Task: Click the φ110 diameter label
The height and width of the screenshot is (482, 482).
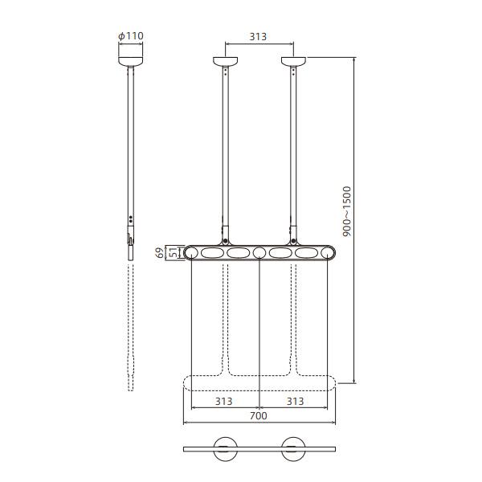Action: pyautogui.click(x=131, y=36)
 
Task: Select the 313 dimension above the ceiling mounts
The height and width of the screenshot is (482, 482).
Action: pyautogui.click(x=258, y=37)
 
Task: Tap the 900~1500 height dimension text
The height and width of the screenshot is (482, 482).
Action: pyautogui.click(x=346, y=211)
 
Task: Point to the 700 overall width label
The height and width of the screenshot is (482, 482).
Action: pyautogui.click(x=259, y=415)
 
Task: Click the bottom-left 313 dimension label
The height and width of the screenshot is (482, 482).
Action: pyautogui.click(x=224, y=401)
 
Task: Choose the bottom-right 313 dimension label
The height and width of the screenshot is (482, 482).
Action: pyautogui.click(x=296, y=401)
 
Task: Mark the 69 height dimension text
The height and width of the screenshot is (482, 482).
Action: pyautogui.click(x=160, y=253)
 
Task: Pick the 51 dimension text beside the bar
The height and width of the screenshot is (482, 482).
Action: pyautogui.click(x=173, y=253)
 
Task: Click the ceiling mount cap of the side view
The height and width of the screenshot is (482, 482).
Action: pyautogui.click(x=131, y=62)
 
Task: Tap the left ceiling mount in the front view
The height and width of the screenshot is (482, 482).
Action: pyautogui.click(x=225, y=62)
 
